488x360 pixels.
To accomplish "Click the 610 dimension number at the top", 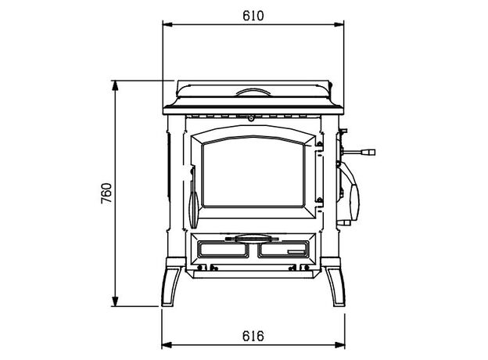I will (253, 15).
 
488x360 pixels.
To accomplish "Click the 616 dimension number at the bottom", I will (253, 336).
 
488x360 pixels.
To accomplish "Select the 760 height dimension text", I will (107, 193).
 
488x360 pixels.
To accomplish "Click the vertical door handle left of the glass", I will (191, 195).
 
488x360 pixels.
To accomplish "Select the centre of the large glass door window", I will (253, 172).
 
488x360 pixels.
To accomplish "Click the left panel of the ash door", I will (223, 250).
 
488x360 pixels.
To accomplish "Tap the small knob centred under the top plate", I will (252, 120).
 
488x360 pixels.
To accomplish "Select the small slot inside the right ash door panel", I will (296, 252).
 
